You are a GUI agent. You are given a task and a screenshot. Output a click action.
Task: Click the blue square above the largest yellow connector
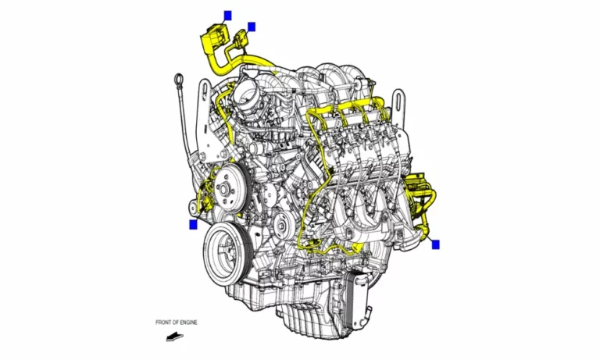227,15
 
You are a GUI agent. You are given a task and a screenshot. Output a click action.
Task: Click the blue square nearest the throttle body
252,27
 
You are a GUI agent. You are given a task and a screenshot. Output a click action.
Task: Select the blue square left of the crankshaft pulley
193,225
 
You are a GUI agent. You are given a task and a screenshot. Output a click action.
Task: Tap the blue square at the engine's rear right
436,244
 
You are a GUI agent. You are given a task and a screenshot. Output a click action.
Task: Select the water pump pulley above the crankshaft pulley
227,187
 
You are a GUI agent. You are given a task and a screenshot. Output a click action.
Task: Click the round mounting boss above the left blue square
194,207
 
